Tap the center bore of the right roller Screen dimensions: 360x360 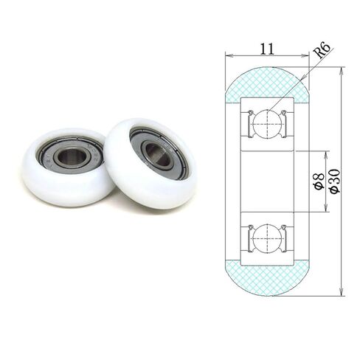click(157, 151)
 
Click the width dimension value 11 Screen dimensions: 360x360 click(268, 49)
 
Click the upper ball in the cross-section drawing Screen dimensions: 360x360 click(268, 123)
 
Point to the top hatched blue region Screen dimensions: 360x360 click(267, 83)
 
